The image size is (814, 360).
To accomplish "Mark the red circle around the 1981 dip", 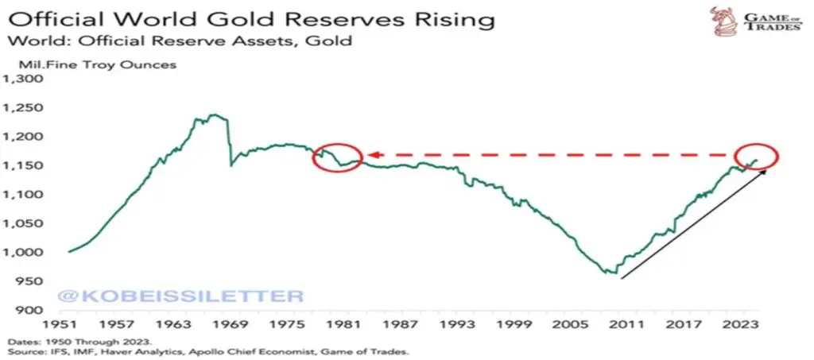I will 338,157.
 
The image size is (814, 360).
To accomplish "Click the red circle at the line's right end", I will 758,156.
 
